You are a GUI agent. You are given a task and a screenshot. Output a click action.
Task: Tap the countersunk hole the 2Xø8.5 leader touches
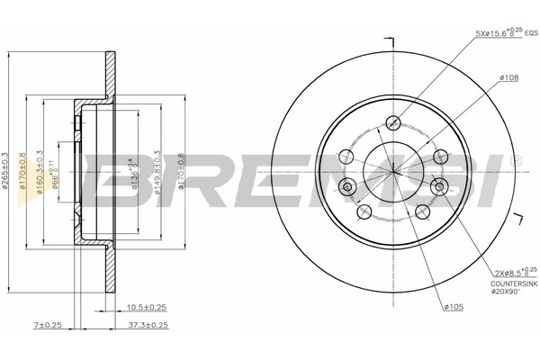tap(438, 186)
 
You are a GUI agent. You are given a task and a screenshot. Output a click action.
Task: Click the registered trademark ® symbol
tap(514, 160)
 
